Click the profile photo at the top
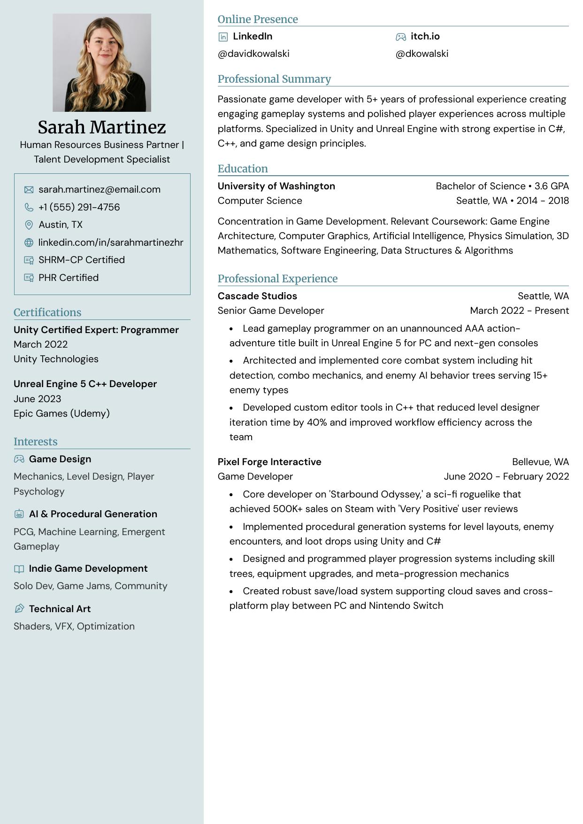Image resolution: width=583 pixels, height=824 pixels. pyautogui.click(x=102, y=62)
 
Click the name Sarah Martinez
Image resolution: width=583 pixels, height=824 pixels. pyautogui.click(x=102, y=127)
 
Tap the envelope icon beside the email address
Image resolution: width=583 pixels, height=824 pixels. pyautogui.click(x=29, y=190)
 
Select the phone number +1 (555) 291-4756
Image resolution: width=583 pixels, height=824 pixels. pyautogui.click(x=79, y=207)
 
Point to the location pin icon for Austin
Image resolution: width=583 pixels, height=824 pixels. pyautogui.click(x=29, y=225)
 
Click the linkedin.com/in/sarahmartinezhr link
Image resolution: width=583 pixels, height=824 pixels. pyautogui.click(x=111, y=242)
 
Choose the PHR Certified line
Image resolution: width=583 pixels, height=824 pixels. pyautogui.click(x=69, y=278)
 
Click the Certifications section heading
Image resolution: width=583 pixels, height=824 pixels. pyautogui.click(x=47, y=312)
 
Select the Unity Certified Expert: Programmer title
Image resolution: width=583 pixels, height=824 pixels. pyautogui.click(x=96, y=330)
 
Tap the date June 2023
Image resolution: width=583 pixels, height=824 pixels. pyautogui.click(x=38, y=399)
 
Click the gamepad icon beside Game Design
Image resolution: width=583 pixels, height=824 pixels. pyautogui.click(x=19, y=459)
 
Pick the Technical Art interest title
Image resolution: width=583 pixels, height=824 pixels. pyautogui.click(x=60, y=609)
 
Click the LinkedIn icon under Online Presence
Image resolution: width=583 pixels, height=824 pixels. pyautogui.click(x=223, y=37)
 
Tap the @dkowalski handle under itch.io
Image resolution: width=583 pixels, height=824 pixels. pyautogui.click(x=422, y=54)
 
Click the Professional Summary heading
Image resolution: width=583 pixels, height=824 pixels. pyautogui.click(x=274, y=79)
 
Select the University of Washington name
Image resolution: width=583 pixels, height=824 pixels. pyautogui.click(x=276, y=186)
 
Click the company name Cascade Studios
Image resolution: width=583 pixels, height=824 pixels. pyautogui.click(x=257, y=296)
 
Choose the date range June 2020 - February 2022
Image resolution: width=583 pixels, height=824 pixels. pyautogui.click(x=506, y=476)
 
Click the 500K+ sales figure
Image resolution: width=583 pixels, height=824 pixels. pyautogui.click(x=288, y=509)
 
